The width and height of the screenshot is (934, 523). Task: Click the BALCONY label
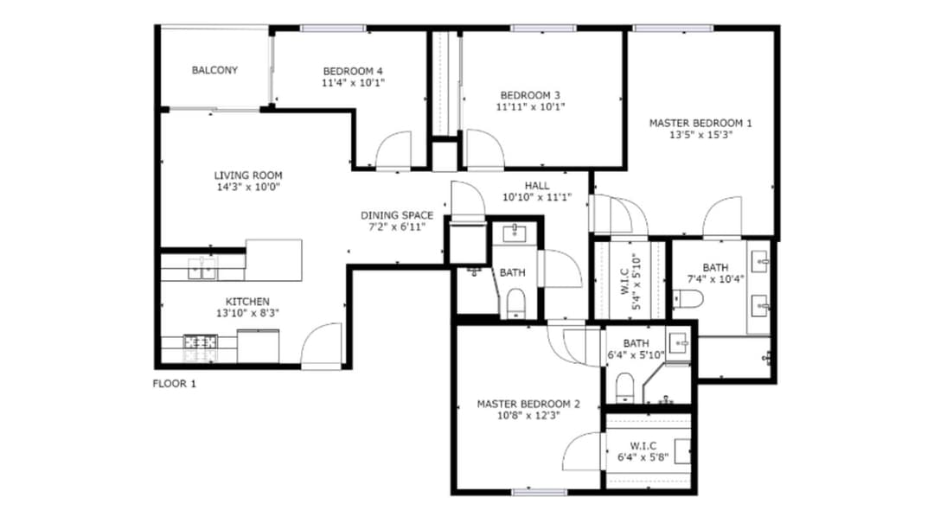coord(214,70)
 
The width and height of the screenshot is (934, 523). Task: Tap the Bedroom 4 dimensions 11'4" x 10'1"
coord(353,83)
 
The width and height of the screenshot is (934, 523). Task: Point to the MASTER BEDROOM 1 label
coord(700,123)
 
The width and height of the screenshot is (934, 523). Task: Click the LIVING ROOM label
coord(248,175)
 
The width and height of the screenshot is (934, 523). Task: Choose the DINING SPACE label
coord(397,215)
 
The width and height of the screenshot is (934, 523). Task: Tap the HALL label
coord(536,186)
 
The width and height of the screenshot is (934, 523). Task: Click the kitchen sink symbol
coord(202,271)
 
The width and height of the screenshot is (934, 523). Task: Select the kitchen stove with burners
coord(200,348)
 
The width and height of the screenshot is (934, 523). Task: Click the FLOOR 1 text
coord(174,384)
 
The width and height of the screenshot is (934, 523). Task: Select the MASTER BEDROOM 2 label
coord(528,404)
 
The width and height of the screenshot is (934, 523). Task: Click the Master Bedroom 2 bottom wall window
coord(527,492)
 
